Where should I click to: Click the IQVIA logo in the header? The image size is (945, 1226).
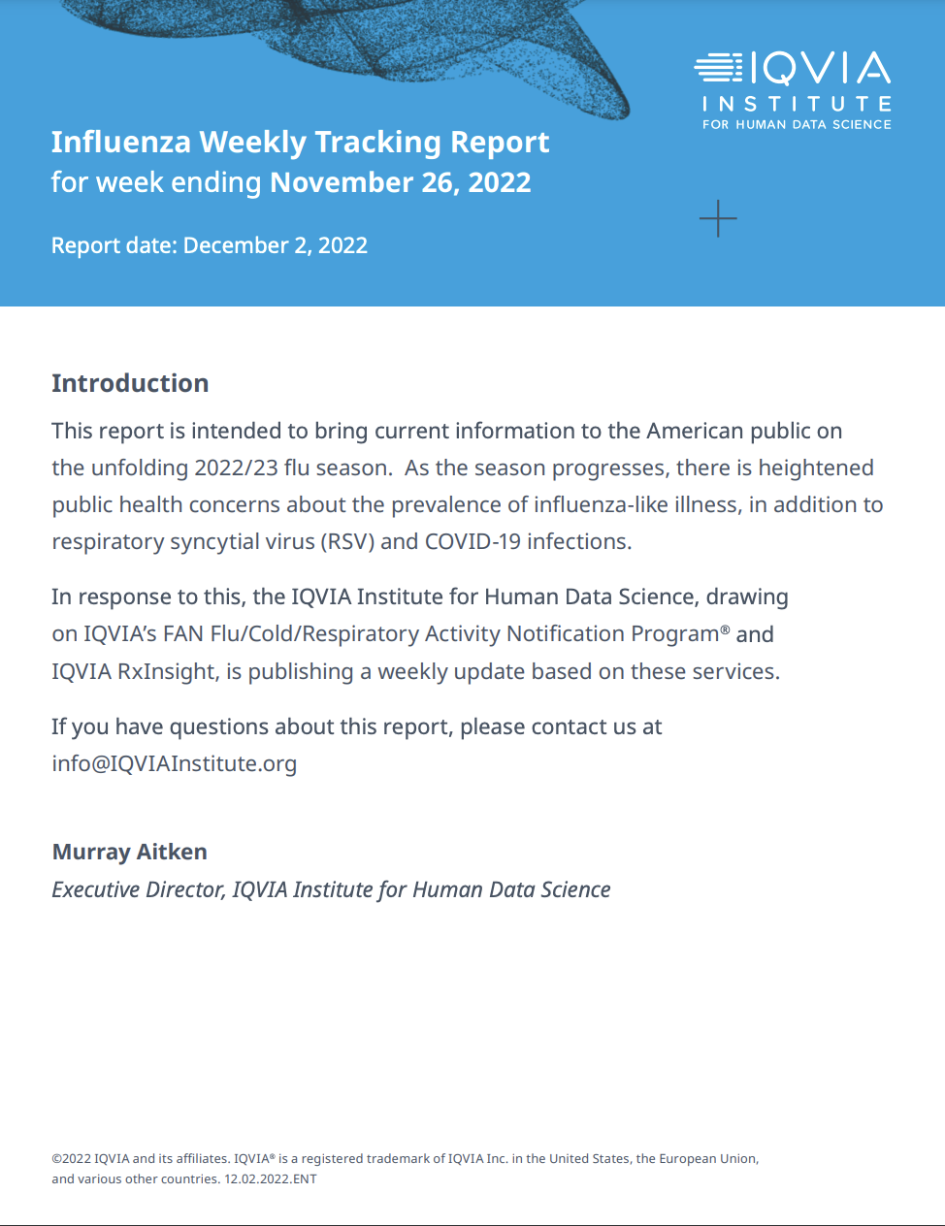point(793,69)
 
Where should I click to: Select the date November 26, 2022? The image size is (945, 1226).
point(400,182)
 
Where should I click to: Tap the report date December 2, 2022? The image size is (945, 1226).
point(275,245)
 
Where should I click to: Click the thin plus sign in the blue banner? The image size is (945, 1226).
point(718,219)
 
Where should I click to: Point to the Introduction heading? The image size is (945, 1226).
point(130,383)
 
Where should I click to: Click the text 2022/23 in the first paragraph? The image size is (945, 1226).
point(236,468)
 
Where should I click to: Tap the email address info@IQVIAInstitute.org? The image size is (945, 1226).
point(175,763)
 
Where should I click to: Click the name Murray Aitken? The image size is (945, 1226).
point(130,852)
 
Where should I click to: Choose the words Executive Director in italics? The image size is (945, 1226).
point(138,889)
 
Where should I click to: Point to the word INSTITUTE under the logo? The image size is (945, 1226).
point(797,104)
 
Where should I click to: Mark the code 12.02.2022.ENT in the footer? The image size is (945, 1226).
point(271,1179)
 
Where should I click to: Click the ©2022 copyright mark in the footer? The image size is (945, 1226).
point(71,1158)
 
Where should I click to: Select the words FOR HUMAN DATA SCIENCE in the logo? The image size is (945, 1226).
point(797,125)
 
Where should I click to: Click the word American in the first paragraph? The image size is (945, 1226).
point(697,431)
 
